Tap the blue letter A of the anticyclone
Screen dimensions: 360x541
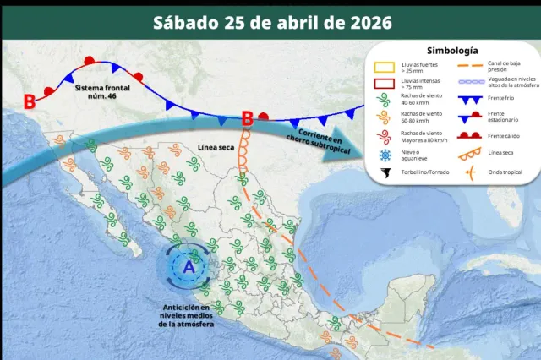189,266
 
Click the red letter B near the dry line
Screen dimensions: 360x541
248,119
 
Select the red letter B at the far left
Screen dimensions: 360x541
30,102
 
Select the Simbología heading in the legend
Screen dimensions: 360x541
452,52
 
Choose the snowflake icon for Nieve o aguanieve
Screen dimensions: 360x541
386,155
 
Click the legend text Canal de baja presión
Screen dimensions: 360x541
505,67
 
